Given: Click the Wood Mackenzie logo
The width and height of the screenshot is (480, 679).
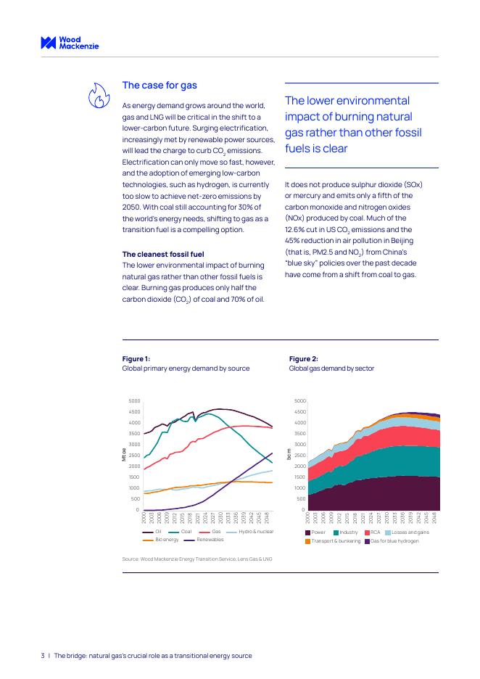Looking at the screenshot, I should point(70,43).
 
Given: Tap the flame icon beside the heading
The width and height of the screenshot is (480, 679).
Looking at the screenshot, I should point(99,95).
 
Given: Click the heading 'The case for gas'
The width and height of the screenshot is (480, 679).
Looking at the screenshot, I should point(160,86).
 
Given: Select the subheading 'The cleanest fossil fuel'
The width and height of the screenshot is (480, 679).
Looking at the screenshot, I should point(163,254).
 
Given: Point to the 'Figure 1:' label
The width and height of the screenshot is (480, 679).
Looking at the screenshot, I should point(136,358).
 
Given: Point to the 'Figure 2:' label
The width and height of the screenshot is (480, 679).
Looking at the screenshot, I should point(303,358).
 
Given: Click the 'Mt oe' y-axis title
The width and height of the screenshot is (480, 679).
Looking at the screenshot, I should point(124,455).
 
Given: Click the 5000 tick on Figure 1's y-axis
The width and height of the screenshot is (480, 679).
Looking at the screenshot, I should point(134,400).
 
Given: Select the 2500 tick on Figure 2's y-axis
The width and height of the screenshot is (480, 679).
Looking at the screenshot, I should point(299,455).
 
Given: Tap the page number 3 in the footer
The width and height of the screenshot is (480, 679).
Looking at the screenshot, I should point(42,655).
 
